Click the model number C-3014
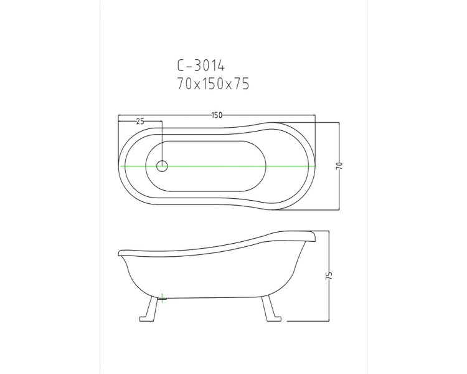[200, 65]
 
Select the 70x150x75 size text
[213, 84]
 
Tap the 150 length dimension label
[217, 115]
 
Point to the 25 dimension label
[140, 121]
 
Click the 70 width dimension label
[339, 166]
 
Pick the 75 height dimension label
[329, 276]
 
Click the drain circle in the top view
[162, 166]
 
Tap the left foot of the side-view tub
[149, 309]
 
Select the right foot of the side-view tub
[271, 309]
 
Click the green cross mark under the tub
[162, 298]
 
